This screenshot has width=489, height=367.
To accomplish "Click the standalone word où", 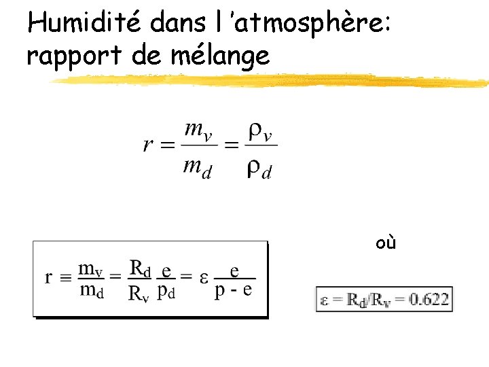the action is [386, 243].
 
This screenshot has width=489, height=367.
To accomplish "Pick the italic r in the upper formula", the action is [147, 145].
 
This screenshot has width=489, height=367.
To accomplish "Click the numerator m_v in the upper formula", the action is [198, 129].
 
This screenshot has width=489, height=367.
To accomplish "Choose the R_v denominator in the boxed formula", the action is [139, 293].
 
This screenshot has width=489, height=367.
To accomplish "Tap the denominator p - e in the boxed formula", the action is [234, 291].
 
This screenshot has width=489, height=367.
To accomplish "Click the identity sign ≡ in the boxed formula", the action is [65, 277].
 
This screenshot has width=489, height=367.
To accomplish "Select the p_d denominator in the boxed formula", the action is [166, 292].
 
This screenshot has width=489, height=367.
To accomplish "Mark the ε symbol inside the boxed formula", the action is [203, 277].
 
